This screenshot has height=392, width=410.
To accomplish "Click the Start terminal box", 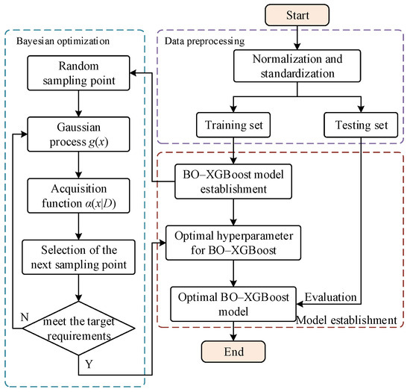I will click(x=266, y=15).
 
